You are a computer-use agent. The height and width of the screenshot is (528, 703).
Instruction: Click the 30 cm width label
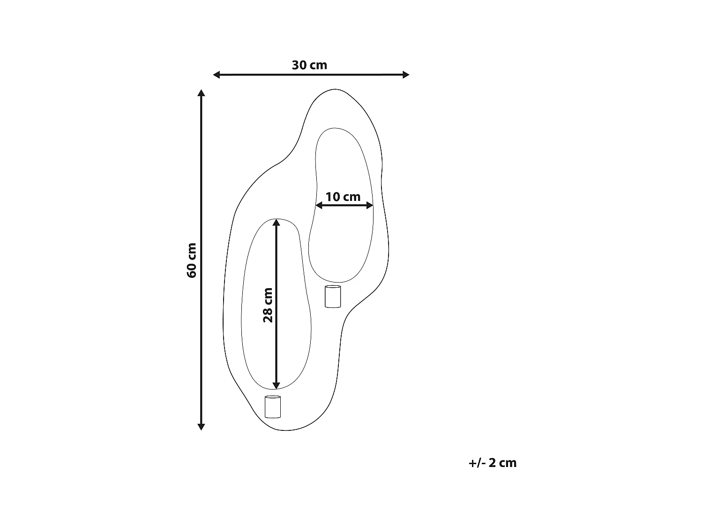[309, 65]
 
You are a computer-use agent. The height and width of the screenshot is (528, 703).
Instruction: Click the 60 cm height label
[192, 260]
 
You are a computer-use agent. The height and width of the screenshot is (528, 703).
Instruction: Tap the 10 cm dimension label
[343, 197]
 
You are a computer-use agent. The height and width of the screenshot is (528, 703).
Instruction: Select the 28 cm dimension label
[268, 305]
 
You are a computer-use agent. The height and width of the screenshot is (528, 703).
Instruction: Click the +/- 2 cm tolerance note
[492, 463]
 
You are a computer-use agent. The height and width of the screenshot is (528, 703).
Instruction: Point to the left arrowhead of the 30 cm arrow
[217, 75]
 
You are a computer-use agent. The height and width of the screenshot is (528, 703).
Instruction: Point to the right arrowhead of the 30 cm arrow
[406, 75]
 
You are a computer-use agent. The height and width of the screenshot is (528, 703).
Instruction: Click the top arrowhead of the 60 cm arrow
[201, 93]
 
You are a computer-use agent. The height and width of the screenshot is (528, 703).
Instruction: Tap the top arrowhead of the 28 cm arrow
[277, 222]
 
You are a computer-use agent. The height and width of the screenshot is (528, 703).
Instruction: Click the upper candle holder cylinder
[333, 297]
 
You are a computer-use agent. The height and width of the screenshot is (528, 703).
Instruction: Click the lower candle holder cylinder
[272, 407]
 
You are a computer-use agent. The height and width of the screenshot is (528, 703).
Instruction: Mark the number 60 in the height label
[192, 269]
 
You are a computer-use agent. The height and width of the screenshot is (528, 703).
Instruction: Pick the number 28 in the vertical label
[268, 315]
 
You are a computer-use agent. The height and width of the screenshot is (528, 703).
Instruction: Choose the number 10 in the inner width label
[333, 197]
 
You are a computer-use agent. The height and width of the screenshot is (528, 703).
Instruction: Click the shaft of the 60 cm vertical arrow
[201, 188]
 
